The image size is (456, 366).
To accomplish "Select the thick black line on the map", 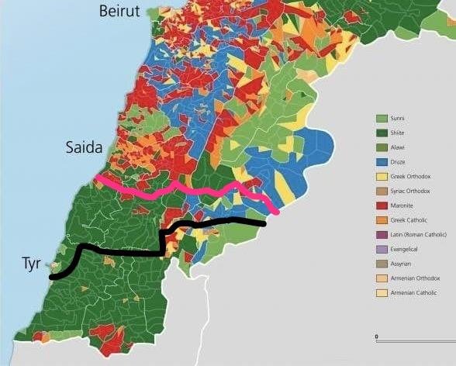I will pos(124,252).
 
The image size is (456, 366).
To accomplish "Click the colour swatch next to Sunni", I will pos(382,118).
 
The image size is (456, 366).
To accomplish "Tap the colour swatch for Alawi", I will pos(382,147).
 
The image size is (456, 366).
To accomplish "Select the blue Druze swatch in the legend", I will pos(382,161).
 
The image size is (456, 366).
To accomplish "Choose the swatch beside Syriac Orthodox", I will pos(382,191).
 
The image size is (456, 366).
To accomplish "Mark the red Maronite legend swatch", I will pos(382,205).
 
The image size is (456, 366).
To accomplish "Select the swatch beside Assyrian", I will pos(382,264).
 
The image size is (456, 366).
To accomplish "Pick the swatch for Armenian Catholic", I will pos(382,293).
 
